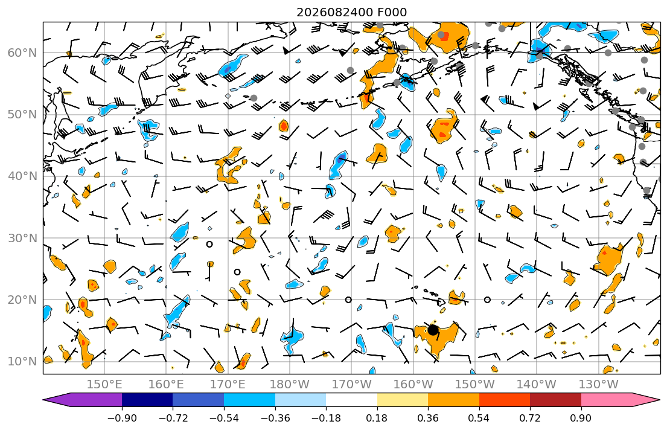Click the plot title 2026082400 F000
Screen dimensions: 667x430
351,12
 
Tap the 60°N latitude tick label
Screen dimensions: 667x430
22,53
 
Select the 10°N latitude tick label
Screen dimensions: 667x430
22,362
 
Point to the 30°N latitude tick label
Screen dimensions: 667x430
22,238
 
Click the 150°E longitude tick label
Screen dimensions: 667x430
104,385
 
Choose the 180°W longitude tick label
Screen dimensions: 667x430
290,385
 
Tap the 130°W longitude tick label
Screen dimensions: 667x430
599,385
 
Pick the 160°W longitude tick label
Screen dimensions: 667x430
413,385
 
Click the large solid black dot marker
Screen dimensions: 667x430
433,330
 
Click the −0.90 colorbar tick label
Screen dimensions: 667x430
122,418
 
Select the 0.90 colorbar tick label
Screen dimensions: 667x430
581,418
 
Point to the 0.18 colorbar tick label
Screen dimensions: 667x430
377,418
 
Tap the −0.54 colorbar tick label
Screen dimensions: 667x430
224,418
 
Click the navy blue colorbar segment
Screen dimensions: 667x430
147,400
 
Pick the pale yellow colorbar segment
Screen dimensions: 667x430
403,400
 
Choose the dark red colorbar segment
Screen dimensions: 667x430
555,400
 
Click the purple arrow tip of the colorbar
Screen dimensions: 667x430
43,400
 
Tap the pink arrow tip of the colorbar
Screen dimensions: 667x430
660,400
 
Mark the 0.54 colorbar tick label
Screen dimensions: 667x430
479,418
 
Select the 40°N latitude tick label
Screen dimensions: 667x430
22,176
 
